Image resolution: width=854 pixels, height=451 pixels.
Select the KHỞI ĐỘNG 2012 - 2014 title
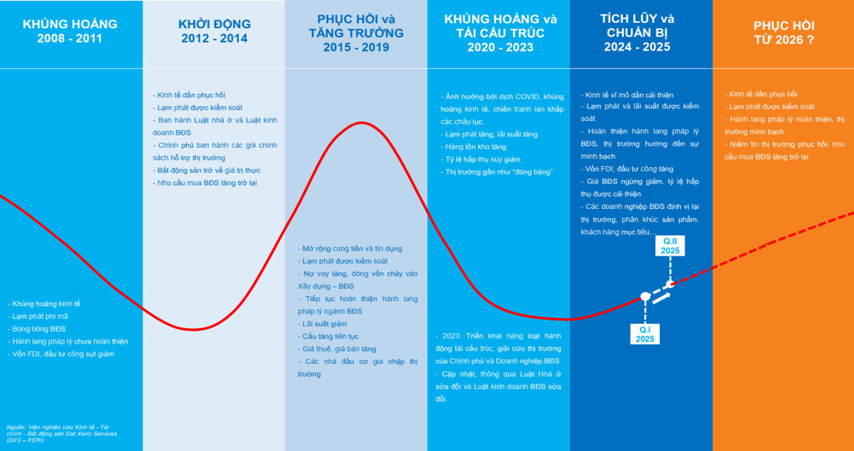point(213,32)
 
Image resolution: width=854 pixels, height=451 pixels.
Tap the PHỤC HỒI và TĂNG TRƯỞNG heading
point(355,32)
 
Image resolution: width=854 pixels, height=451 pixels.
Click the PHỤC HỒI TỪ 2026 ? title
point(782,32)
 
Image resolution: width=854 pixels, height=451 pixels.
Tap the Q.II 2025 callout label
point(671,246)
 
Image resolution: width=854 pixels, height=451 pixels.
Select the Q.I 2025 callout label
point(645,333)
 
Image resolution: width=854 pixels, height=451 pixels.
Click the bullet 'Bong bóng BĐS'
point(39,328)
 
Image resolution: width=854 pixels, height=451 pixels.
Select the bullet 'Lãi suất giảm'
point(324,324)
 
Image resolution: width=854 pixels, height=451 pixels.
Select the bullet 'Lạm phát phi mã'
point(40,315)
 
